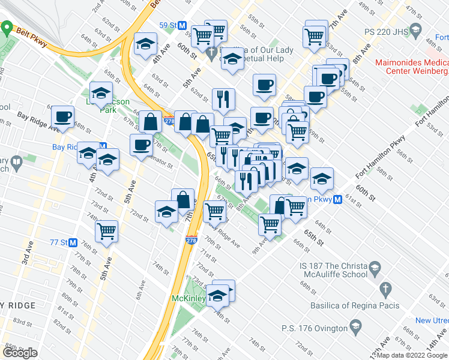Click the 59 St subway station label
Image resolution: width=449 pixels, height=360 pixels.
tap(167, 25)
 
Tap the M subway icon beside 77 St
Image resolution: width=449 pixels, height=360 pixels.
tap(73, 243)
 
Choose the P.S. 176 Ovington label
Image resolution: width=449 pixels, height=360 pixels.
tap(315, 328)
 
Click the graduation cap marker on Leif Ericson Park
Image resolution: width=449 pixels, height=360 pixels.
tap(101, 93)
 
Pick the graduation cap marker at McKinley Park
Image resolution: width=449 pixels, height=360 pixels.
tap(218, 295)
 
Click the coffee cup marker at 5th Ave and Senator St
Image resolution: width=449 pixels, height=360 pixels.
tap(141, 145)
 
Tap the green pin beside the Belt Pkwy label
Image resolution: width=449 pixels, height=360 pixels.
tap(7, 28)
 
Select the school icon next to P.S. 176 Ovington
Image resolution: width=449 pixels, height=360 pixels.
tap(356, 328)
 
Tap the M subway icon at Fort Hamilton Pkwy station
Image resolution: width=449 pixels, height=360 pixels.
tap(338, 199)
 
